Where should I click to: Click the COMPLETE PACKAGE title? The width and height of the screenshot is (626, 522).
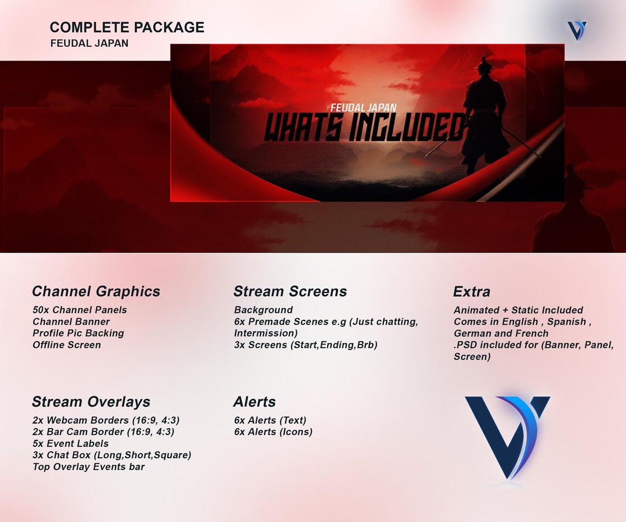coord(127,27)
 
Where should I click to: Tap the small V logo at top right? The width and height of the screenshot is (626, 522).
coord(577,30)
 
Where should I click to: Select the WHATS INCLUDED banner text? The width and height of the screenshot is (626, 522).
coord(365,127)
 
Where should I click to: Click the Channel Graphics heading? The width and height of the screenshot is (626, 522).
coord(96,291)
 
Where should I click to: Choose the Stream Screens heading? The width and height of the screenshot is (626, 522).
coord(290,291)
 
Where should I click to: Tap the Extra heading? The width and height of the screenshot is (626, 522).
coord(471,292)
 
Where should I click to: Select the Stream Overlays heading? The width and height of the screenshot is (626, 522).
coord(91,402)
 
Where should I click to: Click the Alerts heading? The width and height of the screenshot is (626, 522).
coord(254,402)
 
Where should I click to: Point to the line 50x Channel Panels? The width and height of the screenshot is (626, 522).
coord(80,310)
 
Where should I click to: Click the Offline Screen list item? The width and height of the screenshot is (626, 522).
coord(66,345)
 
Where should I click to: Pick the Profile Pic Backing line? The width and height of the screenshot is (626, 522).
coord(78,333)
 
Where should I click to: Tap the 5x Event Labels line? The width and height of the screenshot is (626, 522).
coord(70,443)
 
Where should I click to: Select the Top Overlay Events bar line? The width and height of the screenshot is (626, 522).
coord(88,467)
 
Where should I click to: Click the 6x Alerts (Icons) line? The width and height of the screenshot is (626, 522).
coord(273,432)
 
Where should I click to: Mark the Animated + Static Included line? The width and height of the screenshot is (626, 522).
coord(518,310)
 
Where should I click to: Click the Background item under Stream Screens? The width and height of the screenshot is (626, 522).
coord(263,310)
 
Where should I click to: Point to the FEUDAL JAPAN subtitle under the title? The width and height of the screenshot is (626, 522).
coord(89,43)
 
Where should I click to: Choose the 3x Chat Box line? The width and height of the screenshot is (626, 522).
coord(111,455)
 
